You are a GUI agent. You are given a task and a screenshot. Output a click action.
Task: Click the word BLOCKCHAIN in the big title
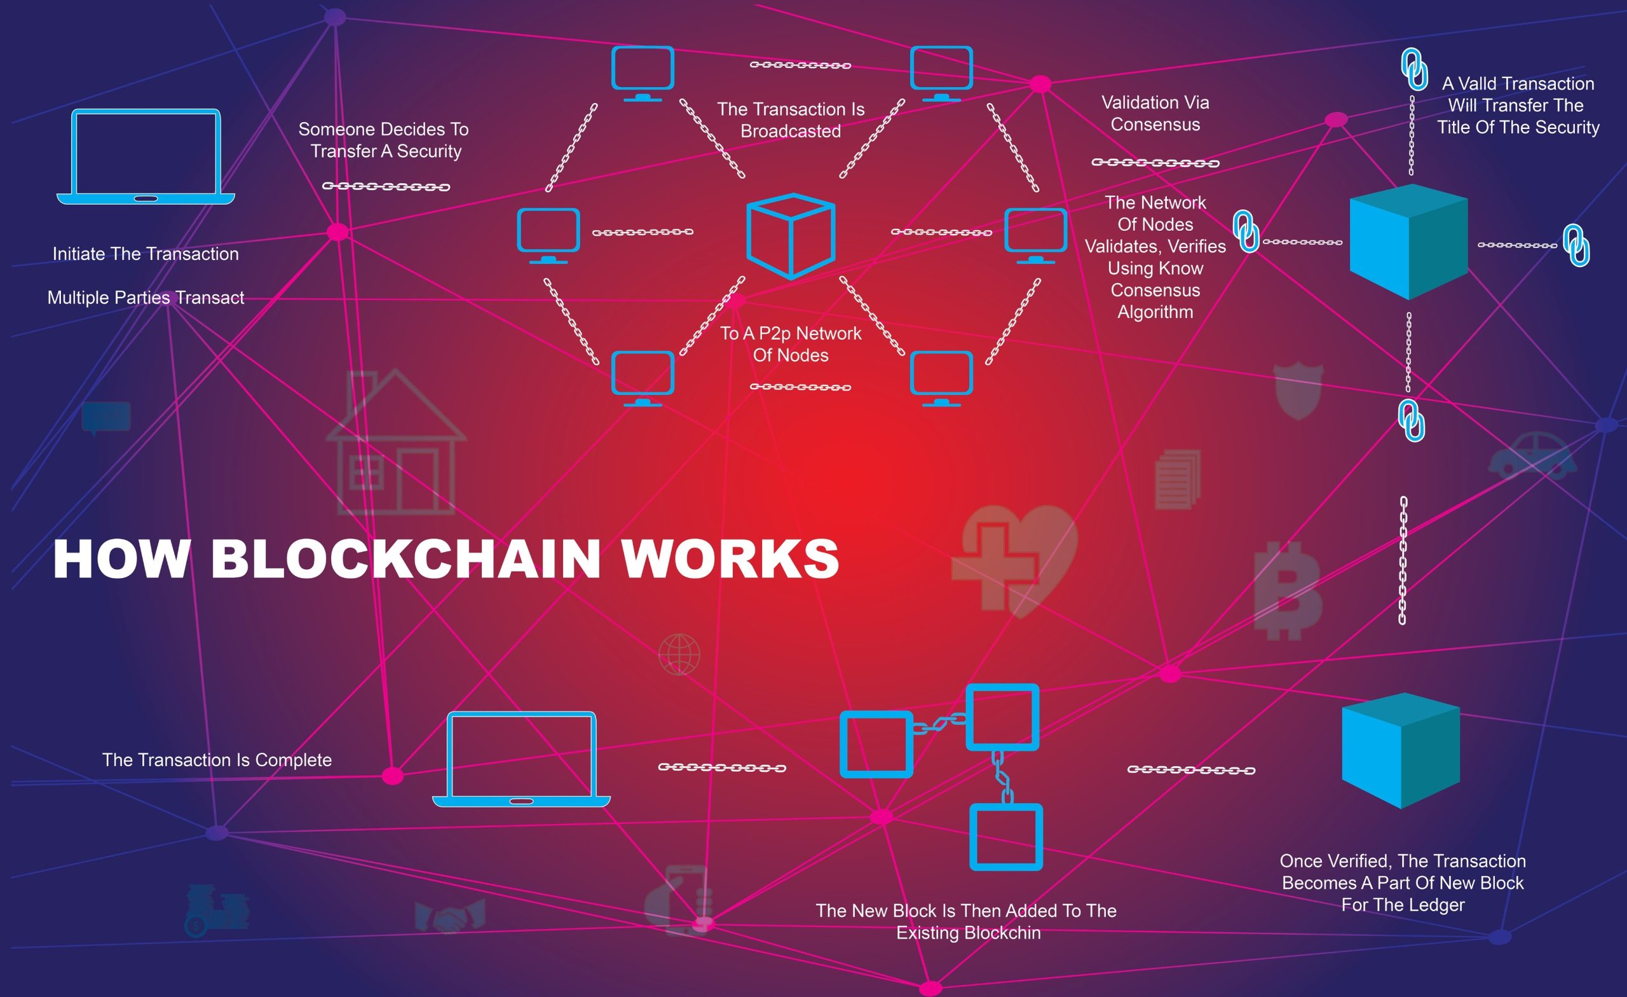click(405, 559)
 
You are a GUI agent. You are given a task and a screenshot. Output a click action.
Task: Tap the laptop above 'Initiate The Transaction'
click(146, 156)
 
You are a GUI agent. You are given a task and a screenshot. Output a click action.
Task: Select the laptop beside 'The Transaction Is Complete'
click(521, 759)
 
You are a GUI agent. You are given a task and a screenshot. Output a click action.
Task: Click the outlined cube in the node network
click(791, 236)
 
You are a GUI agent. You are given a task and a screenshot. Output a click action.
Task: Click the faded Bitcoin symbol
click(1288, 591)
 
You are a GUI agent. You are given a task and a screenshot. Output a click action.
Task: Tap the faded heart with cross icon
click(1015, 561)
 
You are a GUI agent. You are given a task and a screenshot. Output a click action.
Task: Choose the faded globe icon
click(679, 654)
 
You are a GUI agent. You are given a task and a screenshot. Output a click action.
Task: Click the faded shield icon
click(1298, 390)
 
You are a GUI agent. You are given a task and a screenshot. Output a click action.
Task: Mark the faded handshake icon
click(450, 916)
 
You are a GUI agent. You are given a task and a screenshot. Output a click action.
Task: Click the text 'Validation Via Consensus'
click(1155, 114)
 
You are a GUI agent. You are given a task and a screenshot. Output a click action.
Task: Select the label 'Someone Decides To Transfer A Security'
click(384, 140)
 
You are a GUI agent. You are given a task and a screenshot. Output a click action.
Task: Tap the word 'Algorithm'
click(1155, 312)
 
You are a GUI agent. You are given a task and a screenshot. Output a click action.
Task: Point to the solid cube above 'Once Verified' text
click(1401, 751)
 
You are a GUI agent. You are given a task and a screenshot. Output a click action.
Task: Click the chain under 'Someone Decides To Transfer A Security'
click(386, 187)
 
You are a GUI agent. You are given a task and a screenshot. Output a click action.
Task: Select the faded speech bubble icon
click(106, 418)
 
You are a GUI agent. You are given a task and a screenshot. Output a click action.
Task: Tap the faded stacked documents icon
click(1177, 479)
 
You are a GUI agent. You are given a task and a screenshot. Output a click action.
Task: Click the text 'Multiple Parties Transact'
click(146, 298)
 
